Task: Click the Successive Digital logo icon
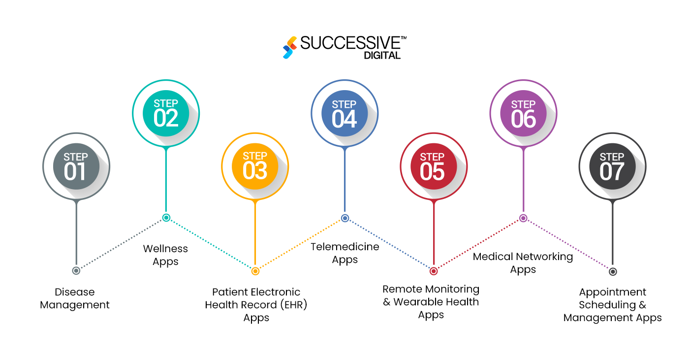coord(290,47)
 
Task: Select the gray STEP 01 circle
coord(76,166)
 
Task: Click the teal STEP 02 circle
coord(166,113)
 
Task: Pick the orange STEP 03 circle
coord(255,166)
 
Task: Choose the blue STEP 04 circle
coord(344,113)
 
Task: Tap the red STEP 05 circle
coord(433,166)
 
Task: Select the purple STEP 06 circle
coord(523,113)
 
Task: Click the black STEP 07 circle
coord(612,166)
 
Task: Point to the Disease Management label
coord(75,298)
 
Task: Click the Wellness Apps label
coord(165,255)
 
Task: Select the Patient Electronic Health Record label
coord(256,305)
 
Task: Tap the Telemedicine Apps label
coord(345,253)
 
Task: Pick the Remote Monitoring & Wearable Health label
coord(431,302)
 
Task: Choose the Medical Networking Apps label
coord(523,263)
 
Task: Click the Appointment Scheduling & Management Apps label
coord(613,305)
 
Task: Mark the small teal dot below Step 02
coord(166,218)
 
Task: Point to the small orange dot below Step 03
coord(255,271)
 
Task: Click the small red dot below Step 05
coord(434,271)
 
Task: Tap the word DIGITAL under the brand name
coord(382,56)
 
